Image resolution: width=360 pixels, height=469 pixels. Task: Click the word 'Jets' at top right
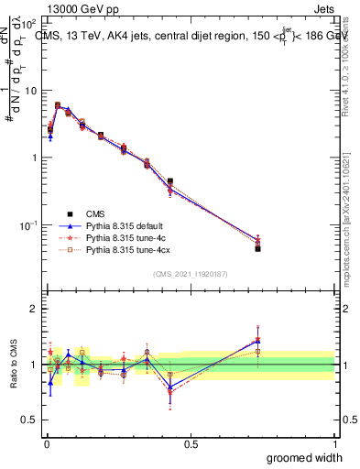(323, 9)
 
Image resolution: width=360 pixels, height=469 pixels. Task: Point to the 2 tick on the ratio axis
(33, 309)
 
